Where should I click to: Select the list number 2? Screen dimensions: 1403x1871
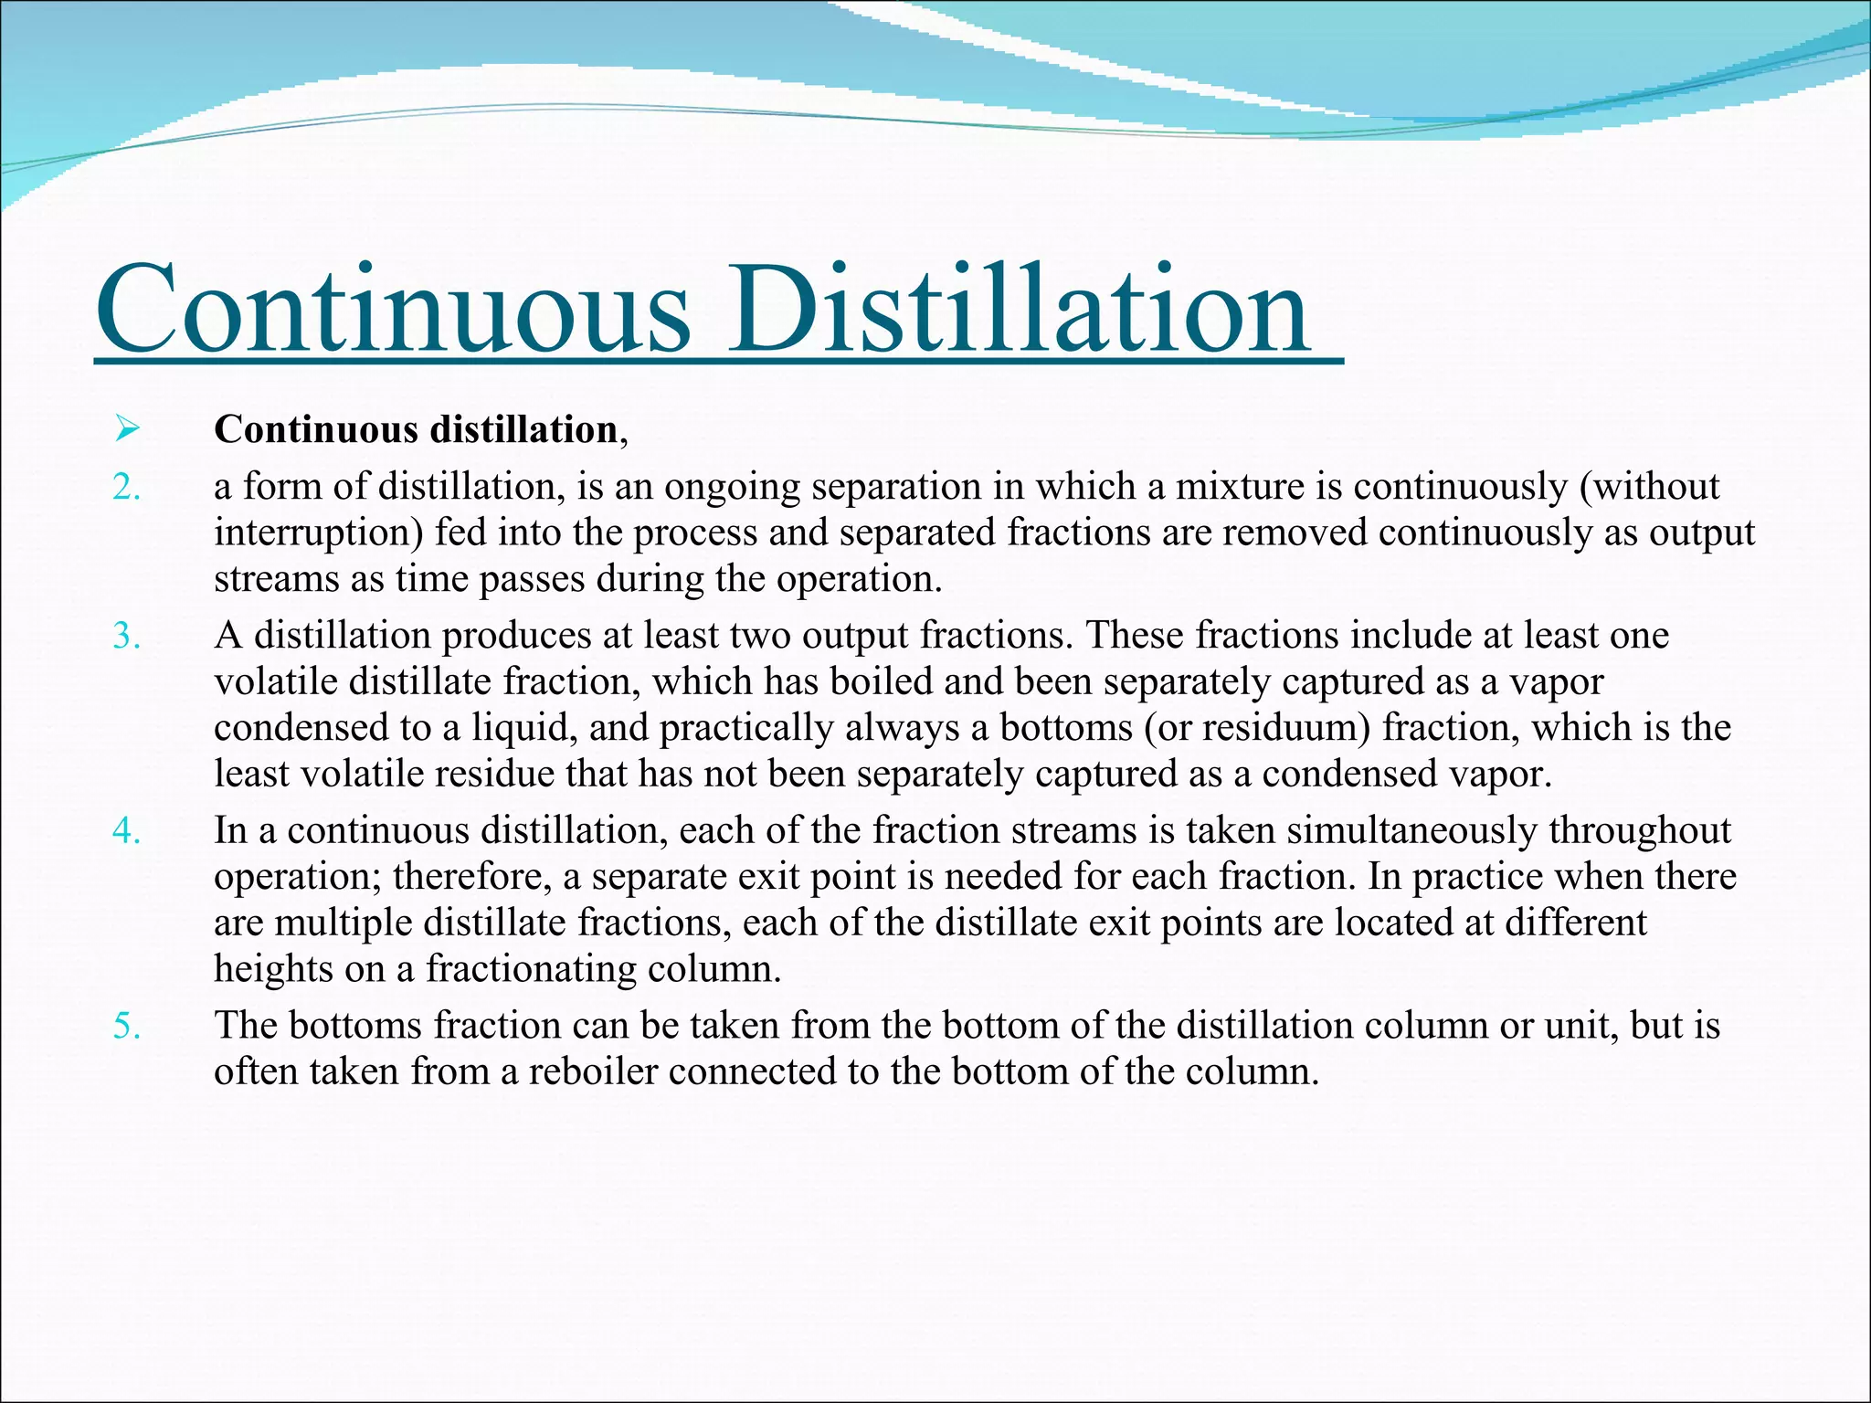126,488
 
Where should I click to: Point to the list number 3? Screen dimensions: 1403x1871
126,637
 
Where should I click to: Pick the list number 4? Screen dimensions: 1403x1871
126,831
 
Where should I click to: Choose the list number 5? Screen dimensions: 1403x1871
126,1026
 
